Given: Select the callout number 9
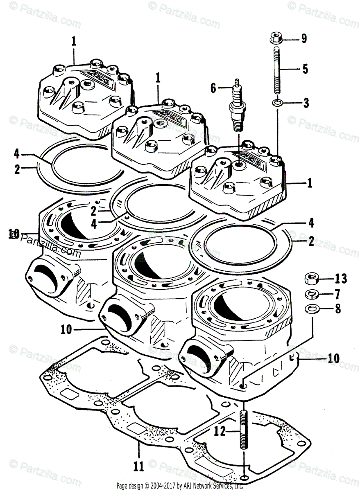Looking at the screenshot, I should (x=304, y=39).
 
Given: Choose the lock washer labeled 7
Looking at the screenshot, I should (x=312, y=294).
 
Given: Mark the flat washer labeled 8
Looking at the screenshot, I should (x=312, y=309).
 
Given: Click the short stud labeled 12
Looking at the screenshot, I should (x=244, y=430).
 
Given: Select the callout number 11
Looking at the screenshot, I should (x=139, y=466).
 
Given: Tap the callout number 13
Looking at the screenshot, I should (x=341, y=279).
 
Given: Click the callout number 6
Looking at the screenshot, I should (x=213, y=87).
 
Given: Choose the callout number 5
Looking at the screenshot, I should (x=305, y=69).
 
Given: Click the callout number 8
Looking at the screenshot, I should (x=338, y=309).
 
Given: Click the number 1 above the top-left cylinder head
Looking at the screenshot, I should (x=74, y=41).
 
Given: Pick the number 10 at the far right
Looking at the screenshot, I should (x=333, y=358).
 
